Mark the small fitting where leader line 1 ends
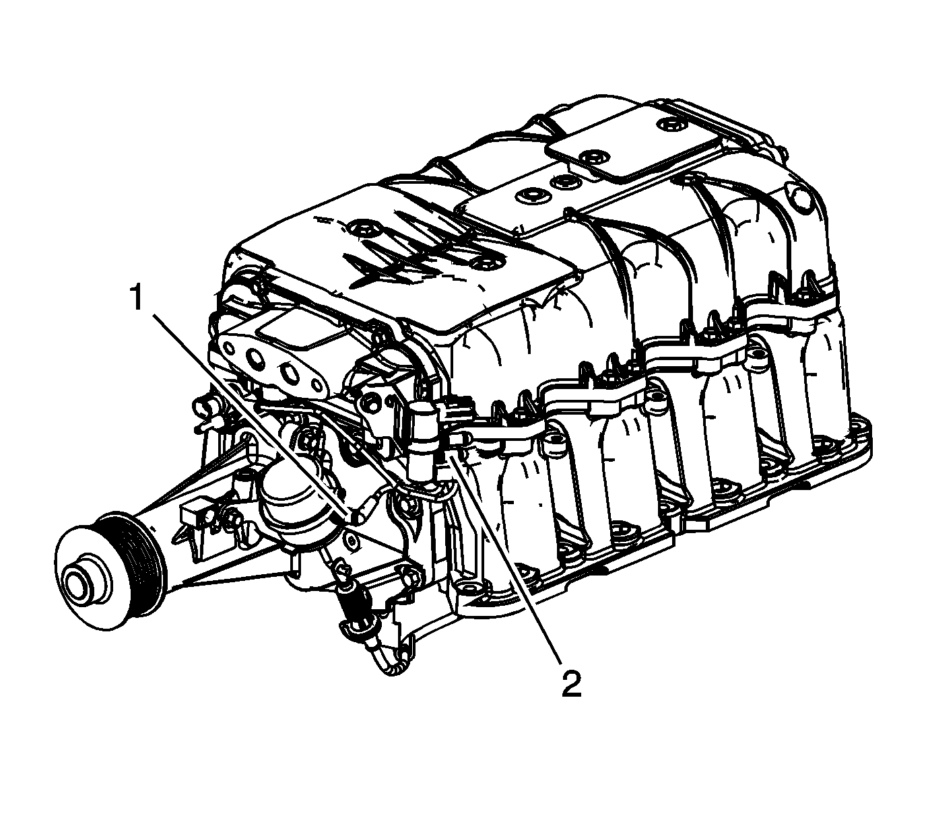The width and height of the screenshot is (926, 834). coord(356,518)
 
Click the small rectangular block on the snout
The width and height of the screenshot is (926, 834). coord(194,516)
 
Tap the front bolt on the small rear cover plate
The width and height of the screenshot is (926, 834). coord(591,155)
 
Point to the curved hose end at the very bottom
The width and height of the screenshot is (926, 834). coord(390,664)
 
